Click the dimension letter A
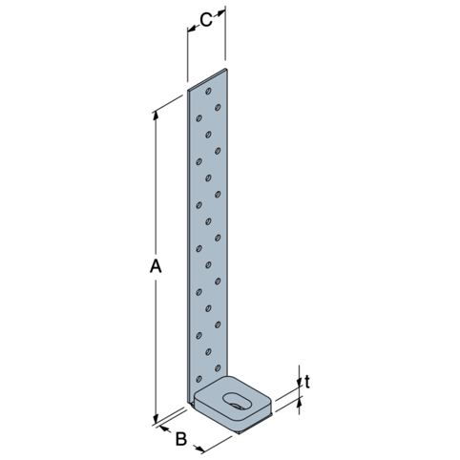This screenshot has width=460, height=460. coord(156,266)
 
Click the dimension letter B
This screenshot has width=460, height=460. coord(181,439)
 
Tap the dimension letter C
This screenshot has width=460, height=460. coord(206,20)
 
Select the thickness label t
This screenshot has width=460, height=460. coord(307,382)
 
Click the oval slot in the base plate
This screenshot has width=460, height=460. coord(237,402)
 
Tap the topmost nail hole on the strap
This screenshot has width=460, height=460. coord(208,92)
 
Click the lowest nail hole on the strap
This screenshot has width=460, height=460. coord(199,379)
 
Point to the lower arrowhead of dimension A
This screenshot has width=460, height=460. coord(156,418)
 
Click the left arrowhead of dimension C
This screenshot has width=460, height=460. coord(191,30)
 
